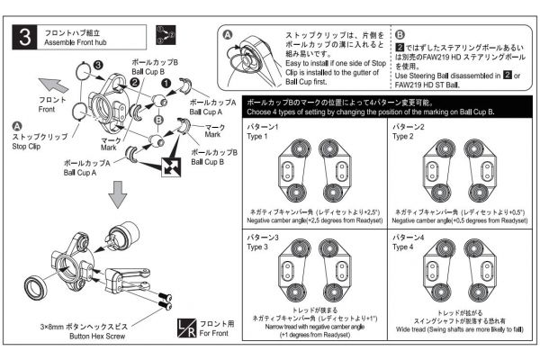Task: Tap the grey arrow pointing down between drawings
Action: coord(117,193)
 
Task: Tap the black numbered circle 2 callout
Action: coord(132,83)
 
